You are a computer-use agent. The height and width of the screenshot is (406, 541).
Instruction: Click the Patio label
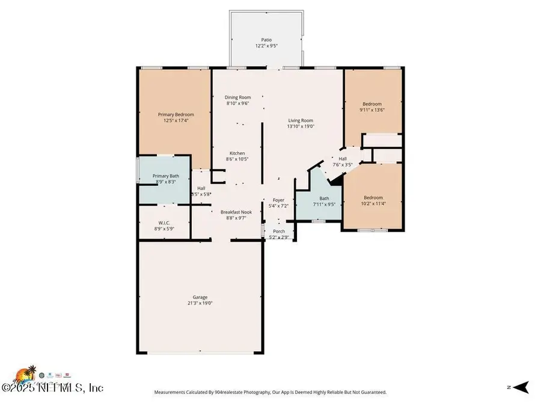point(266,40)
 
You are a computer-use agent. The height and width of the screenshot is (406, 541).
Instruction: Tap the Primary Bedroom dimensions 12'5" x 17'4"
point(176,120)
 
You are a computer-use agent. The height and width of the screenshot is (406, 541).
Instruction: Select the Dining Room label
point(237,97)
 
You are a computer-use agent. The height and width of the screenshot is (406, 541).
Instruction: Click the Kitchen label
point(236,153)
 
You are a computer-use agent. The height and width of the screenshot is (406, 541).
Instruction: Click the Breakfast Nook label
point(236,212)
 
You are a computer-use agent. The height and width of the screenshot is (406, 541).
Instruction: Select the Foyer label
point(278,200)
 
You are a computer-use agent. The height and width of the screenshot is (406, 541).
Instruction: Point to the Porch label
point(279,231)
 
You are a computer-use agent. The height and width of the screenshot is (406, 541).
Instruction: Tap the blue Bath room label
point(324,198)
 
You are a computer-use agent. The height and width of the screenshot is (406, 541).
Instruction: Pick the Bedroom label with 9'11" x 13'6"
point(371,104)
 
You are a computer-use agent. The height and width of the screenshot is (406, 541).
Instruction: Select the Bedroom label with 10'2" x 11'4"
point(373,197)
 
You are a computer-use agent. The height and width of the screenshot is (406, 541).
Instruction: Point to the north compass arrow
point(521,387)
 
